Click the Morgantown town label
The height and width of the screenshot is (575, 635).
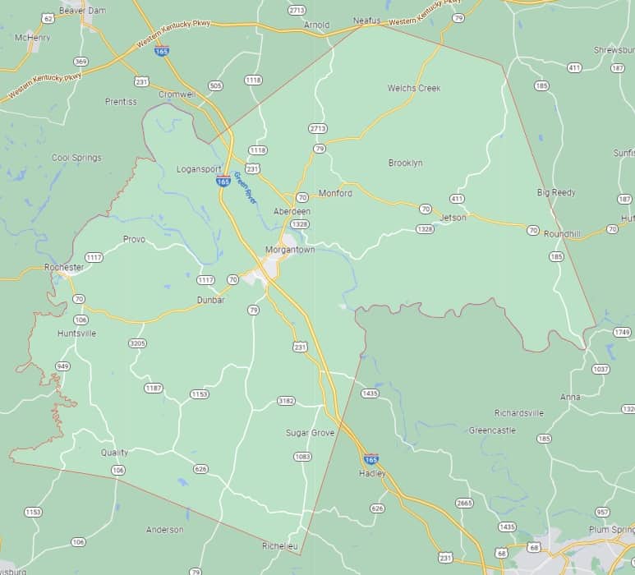[x=290, y=249]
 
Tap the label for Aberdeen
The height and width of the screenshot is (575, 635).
[x=292, y=211]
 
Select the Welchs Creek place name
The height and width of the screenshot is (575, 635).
[x=414, y=88]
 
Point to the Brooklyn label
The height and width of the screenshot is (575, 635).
[x=405, y=163]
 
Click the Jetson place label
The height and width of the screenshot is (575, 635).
[x=453, y=218]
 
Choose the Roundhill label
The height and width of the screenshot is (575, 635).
[x=562, y=234]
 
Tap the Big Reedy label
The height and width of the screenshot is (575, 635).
[x=556, y=192]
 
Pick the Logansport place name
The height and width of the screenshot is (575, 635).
[x=199, y=169]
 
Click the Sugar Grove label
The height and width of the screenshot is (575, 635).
[x=310, y=432]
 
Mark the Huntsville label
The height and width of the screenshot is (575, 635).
[x=76, y=333]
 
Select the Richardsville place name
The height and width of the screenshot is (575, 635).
[x=518, y=412]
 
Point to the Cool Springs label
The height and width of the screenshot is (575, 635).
[x=76, y=158]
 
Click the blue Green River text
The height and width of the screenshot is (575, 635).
[x=246, y=187]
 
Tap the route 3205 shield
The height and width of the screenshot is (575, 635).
[x=137, y=343]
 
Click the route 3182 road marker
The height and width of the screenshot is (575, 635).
[x=286, y=401]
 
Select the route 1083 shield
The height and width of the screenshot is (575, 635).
[x=302, y=457]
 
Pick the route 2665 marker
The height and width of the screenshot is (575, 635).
[x=464, y=503]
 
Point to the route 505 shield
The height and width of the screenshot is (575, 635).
[x=215, y=85]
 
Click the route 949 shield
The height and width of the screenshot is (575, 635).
[x=62, y=366]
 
